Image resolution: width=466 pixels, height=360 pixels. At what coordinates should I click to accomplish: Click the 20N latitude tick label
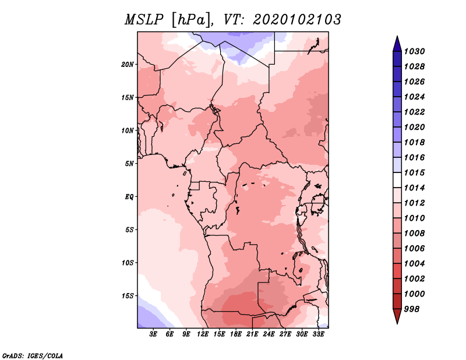pyautogui.click(x=128, y=65)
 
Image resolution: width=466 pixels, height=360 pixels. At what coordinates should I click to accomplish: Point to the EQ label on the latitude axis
pyautogui.click(x=129, y=197)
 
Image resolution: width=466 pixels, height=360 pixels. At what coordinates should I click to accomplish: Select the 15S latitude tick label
pyautogui.click(x=128, y=296)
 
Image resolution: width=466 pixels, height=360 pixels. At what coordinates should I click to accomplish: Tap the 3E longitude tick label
pyautogui.click(x=153, y=334)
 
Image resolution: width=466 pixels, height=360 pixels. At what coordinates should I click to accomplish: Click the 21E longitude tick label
pyautogui.click(x=252, y=334)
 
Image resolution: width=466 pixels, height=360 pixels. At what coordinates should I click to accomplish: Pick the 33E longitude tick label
pyautogui.click(x=318, y=334)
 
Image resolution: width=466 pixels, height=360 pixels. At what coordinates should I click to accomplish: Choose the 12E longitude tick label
pyautogui.click(x=203, y=334)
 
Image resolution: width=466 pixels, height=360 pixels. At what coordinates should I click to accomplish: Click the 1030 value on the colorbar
pyautogui.click(x=414, y=51)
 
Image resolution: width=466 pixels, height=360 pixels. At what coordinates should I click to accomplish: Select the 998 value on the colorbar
pyautogui.click(x=412, y=309)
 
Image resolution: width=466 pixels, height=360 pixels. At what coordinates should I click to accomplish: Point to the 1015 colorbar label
pyautogui.click(x=414, y=172)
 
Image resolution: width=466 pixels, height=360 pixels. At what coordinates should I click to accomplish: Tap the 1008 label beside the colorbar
pyautogui.click(x=414, y=234)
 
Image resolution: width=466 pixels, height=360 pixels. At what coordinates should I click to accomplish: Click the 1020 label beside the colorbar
pyautogui.click(x=414, y=127)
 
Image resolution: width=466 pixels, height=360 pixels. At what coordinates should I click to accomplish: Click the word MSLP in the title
pyautogui.click(x=144, y=20)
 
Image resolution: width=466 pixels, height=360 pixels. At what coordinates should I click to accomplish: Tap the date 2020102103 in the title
pyautogui.click(x=297, y=20)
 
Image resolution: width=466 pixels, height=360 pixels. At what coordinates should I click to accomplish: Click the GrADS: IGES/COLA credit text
pyautogui.click(x=33, y=355)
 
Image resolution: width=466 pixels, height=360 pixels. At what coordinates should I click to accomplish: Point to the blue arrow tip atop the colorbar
pyautogui.click(x=397, y=37)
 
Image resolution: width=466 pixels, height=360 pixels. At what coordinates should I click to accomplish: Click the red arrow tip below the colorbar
pyautogui.click(x=397, y=323)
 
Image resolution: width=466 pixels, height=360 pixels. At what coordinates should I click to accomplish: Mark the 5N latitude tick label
pyautogui.click(x=129, y=164)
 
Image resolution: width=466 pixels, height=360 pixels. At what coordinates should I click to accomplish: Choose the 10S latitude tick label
pyautogui.click(x=128, y=263)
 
